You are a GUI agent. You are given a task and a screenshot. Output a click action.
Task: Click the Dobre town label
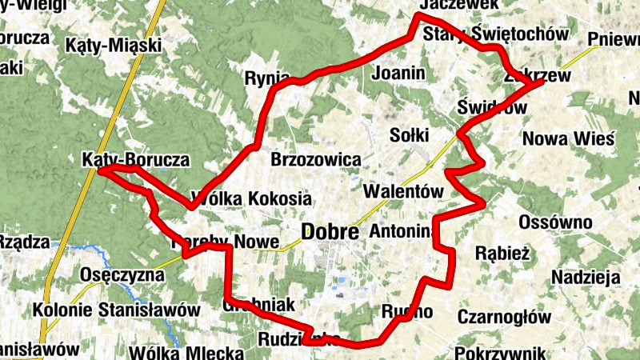tap(330, 233)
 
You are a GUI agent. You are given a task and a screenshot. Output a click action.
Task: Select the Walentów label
tap(402, 193)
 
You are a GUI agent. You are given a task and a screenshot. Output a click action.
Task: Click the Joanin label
tap(398, 74)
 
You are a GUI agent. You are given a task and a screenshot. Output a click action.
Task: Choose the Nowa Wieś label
tap(567, 138)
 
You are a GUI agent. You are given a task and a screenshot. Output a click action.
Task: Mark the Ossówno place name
tap(555, 222)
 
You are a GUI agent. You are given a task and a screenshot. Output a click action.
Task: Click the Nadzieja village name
tap(586, 278)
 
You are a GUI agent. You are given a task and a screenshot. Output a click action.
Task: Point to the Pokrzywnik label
tap(500, 352)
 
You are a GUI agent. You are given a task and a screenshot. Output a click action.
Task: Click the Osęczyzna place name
tap(122, 276)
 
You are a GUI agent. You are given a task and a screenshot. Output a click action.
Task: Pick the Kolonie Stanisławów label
tap(117, 309)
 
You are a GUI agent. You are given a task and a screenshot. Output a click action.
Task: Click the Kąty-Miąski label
tap(114, 44)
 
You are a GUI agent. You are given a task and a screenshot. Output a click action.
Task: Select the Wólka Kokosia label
tap(250, 198)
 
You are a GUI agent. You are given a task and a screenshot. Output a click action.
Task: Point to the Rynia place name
tap(269, 78)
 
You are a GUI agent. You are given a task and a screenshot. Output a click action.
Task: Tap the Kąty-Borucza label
tap(135, 160)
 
